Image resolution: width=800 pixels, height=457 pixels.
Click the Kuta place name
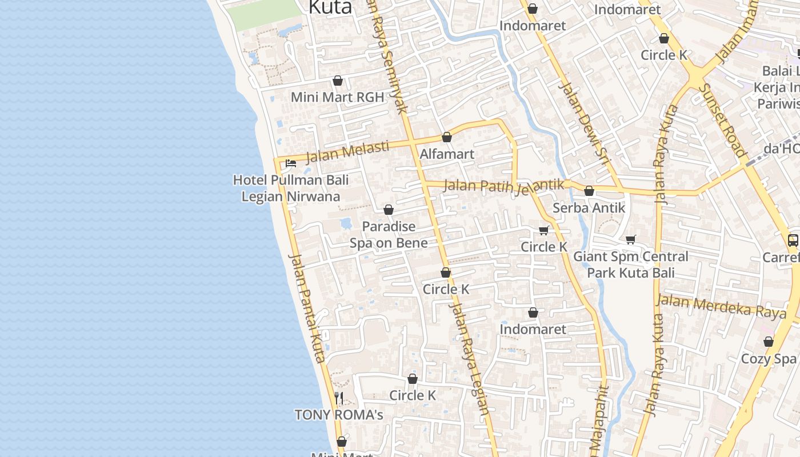[x=330, y=7]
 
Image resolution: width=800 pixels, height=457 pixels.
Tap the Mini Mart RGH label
[x=337, y=97]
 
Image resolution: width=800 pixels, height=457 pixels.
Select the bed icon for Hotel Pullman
[x=291, y=163]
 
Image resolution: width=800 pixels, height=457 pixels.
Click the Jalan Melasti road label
[x=347, y=152]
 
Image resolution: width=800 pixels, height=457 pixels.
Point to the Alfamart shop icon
[x=447, y=138]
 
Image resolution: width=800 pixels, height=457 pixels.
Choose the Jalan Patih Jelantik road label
[x=503, y=187]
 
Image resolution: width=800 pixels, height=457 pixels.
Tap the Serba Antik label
[x=589, y=208]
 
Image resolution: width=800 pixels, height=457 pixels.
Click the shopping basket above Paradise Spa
[x=389, y=210]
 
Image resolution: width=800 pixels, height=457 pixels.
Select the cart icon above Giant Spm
[x=631, y=240]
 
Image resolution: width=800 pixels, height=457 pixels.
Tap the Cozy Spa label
[x=768, y=359]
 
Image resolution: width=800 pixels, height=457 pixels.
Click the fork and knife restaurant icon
[x=339, y=398]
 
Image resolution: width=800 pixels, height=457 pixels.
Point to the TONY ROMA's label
[x=338, y=415]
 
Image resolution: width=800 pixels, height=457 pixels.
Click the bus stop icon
[x=793, y=240]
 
